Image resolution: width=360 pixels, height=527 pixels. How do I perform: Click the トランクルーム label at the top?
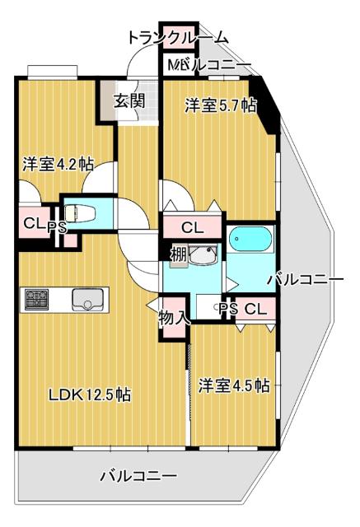[178, 38]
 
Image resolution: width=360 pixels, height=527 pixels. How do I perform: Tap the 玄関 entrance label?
[129, 101]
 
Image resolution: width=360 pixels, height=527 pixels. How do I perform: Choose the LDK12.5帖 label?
[90, 394]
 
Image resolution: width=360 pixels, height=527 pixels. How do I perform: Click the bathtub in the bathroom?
[250, 240]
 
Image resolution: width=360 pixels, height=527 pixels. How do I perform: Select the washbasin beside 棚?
[201, 256]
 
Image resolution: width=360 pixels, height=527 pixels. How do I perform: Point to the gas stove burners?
[37, 299]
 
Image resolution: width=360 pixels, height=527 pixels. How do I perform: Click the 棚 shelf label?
[179, 253]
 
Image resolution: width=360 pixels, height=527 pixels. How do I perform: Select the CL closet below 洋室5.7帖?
[192, 226]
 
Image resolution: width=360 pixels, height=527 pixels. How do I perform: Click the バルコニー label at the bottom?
[138, 476]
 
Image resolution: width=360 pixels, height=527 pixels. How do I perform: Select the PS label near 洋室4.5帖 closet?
[228, 309]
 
